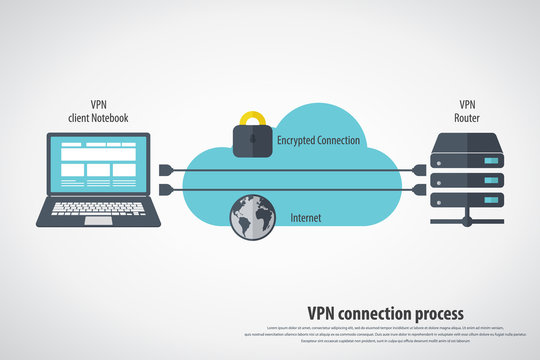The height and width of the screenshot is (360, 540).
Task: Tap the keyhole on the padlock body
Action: [x=253, y=139]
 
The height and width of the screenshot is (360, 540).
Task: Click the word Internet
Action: [x=306, y=216]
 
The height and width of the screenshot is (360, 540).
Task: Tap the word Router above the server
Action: [x=467, y=117]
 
